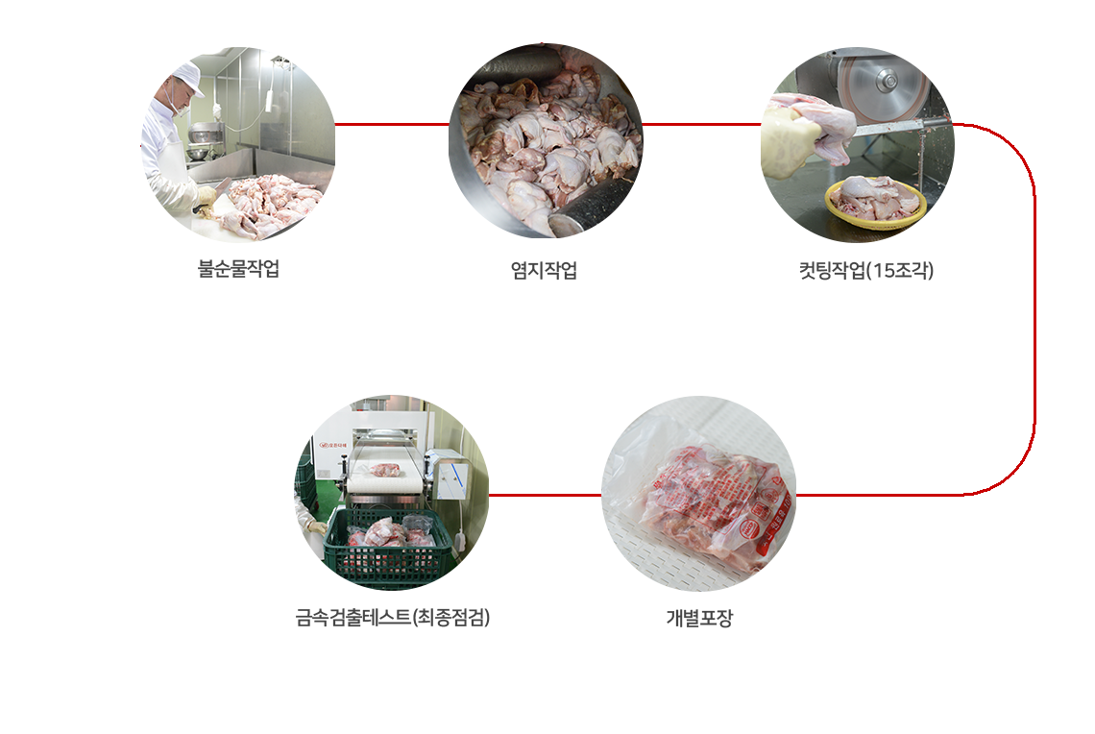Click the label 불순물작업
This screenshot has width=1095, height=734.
tap(239, 268)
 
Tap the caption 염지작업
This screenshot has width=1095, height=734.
tap(544, 270)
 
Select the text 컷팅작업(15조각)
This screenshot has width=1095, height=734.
tap(866, 270)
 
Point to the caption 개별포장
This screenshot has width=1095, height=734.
tap(699, 618)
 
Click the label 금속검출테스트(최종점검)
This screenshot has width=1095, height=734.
tap(393, 618)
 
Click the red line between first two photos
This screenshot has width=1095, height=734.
tap(392, 125)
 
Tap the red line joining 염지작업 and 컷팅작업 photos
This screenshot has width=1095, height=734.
tap(701, 125)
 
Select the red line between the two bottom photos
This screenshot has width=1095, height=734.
tap(545, 495)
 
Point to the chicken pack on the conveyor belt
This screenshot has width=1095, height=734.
tap(383, 469)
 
